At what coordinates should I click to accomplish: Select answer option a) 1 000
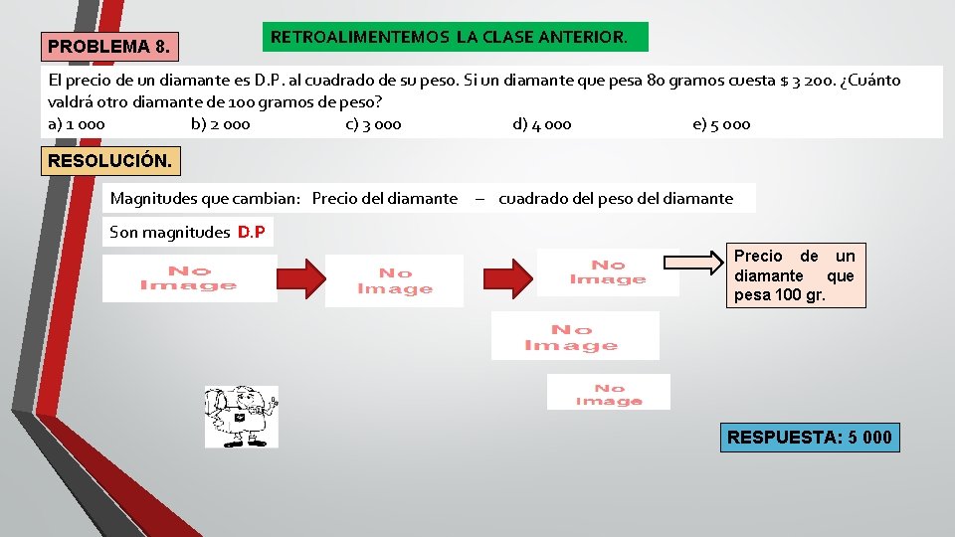pyautogui.click(x=77, y=124)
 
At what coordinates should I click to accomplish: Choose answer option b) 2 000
pyautogui.click(x=220, y=124)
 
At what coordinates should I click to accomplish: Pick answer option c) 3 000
pyautogui.click(x=373, y=124)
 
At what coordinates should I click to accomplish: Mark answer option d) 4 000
pyautogui.click(x=542, y=124)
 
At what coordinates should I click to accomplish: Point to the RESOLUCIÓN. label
pyautogui.click(x=109, y=160)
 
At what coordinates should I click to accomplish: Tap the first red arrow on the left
pyautogui.click(x=300, y=279)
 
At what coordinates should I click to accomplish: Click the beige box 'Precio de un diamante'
pyautogui.click(x=794, y=275)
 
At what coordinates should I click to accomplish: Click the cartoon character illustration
pyautogui.click(x=241, y=417)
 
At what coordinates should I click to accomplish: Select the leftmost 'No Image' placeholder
pyautogui.click(x=189, y=278)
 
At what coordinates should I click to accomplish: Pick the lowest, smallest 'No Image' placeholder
pyautogui.click(x=608, y=392)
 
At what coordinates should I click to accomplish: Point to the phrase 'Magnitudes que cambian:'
pyautogui.click(x=205, y=198)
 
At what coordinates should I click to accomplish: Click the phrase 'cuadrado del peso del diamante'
pyautogui.click(x=616, y=198)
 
